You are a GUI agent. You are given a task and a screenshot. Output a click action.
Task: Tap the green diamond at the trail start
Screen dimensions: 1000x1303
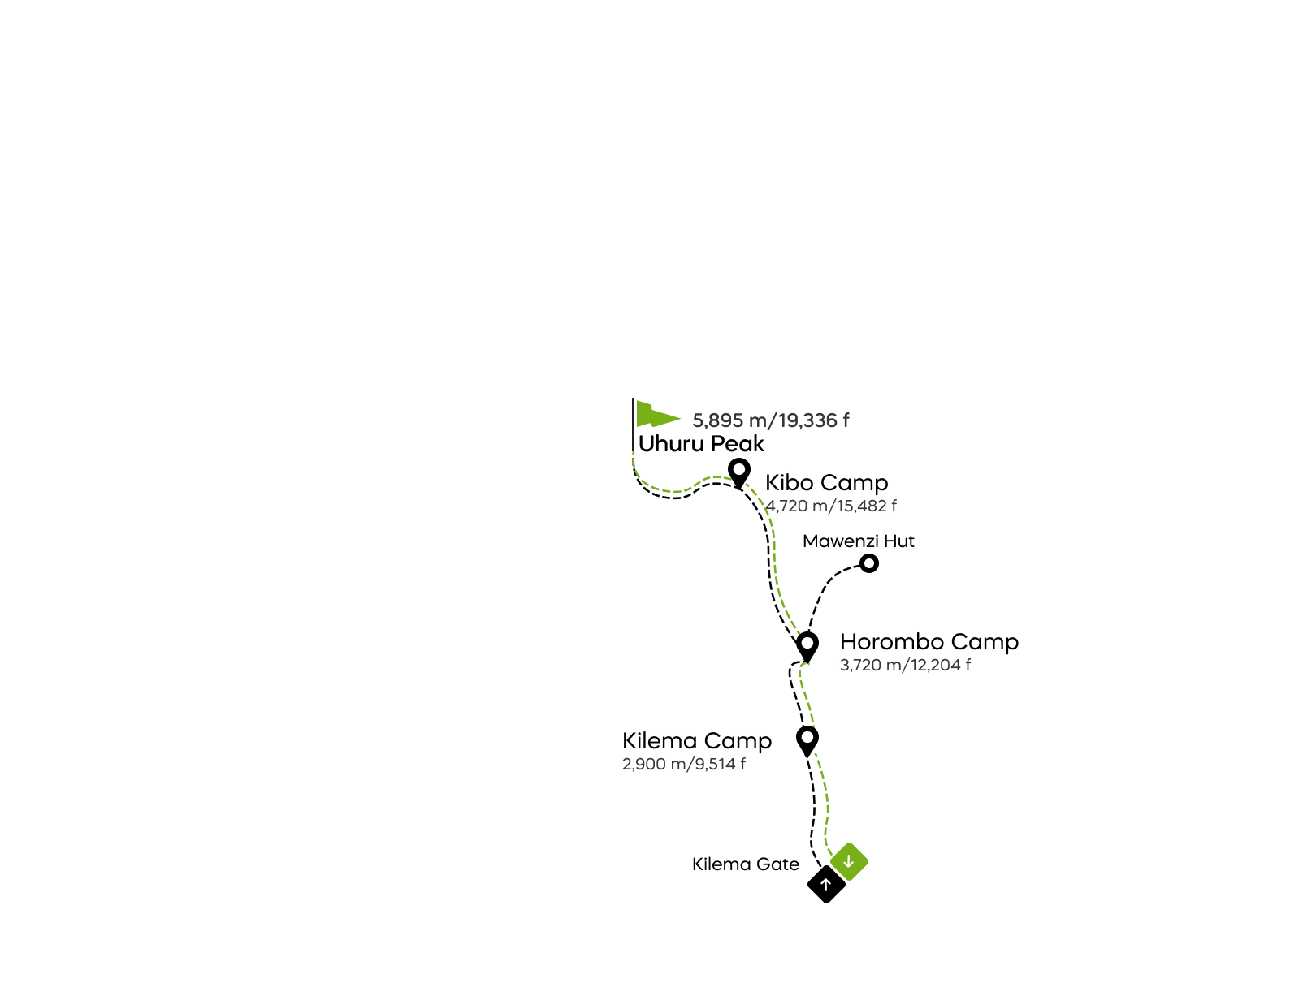851,861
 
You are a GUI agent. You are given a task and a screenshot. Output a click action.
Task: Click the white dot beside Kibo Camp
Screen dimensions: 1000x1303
739,469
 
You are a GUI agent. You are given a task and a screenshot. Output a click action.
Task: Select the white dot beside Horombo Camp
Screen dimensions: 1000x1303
807,643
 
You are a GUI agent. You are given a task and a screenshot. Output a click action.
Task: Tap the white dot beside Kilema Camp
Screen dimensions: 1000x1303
807,737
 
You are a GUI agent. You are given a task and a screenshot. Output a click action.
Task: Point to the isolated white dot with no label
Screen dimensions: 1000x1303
869,563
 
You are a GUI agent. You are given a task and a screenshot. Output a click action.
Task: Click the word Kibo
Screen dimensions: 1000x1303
788,483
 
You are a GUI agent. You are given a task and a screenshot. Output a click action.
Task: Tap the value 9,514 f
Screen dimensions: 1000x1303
719,764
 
